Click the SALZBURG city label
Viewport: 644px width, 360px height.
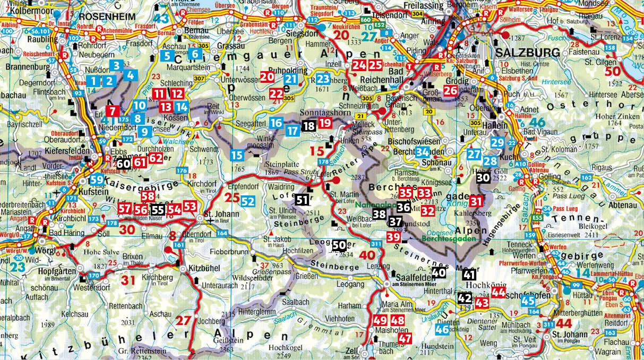tap(528, 53)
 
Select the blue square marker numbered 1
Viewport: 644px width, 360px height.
tap(94, 81)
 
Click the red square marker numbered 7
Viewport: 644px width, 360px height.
tap(113, 111)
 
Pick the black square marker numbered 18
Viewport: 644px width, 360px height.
tap(309, 126)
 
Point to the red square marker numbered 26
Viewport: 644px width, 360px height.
tap(450, 90)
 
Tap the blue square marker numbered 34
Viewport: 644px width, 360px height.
tap(423, 152)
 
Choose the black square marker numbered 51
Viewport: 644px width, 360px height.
tap(302, 200)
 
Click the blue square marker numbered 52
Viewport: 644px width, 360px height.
tap(247, 201)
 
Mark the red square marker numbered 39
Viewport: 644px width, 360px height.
tap(393, 237)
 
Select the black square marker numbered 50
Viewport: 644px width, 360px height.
tap(339, 245)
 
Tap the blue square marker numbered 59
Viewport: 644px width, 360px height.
tap(97, 180)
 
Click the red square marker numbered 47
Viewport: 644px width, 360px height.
tap(405, 338)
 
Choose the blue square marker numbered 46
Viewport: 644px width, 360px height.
tap(442, 329)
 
